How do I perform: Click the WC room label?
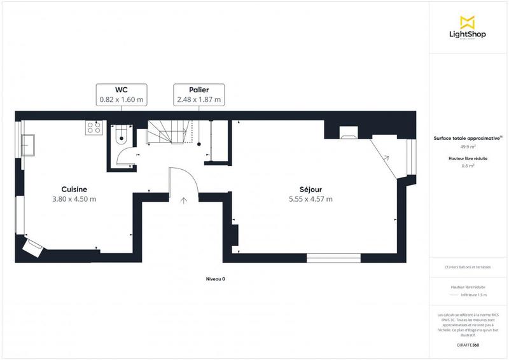[x=122, y=90]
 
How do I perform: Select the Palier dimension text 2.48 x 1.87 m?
[x=198, y=99]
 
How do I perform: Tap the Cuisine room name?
[x=74, y=189]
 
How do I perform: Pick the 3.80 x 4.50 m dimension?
[x=74, y=199]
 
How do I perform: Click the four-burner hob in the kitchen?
[x=94, y=127]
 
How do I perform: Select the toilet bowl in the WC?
[x=122, y=137]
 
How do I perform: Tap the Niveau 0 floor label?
[x=216, y=279]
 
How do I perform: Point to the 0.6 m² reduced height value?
[x=468, y=166]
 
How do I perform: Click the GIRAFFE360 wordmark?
[x=468, y=345]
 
